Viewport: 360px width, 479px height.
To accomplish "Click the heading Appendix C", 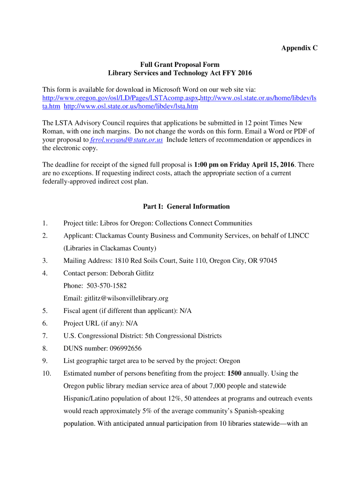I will click(x=299, y=48).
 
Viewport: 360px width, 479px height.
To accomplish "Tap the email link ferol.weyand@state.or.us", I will click(x=126, y=140).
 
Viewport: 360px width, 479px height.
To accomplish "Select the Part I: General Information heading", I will click(x=186, y=206).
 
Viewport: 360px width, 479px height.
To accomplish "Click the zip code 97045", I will click(x=268, y=261).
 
